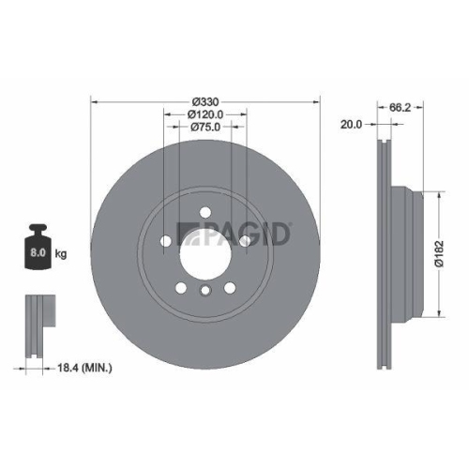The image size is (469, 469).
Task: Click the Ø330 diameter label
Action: pos(205,102)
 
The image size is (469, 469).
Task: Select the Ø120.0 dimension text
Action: pos(205,113)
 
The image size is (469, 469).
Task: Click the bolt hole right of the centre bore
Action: pos(245,243)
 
